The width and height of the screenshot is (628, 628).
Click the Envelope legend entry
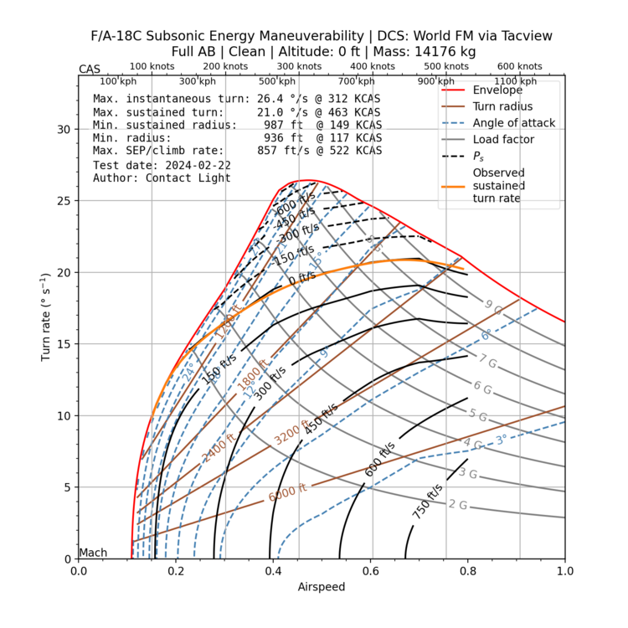tap(497, 90)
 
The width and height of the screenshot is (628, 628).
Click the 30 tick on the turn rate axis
tap(64, 130)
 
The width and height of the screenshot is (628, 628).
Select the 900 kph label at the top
tap(436, 81)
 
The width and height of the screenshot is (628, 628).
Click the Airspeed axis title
tap(322, 587)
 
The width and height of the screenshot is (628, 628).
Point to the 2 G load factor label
tap(457, 505)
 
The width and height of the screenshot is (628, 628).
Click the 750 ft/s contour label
tap(427, 501)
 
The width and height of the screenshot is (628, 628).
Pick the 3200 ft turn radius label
tap(292, 433)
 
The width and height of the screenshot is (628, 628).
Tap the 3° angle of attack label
tap(501, 439)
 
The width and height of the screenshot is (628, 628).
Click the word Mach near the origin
tap(92, 553)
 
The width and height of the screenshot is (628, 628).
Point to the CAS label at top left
tap(90, 69)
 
